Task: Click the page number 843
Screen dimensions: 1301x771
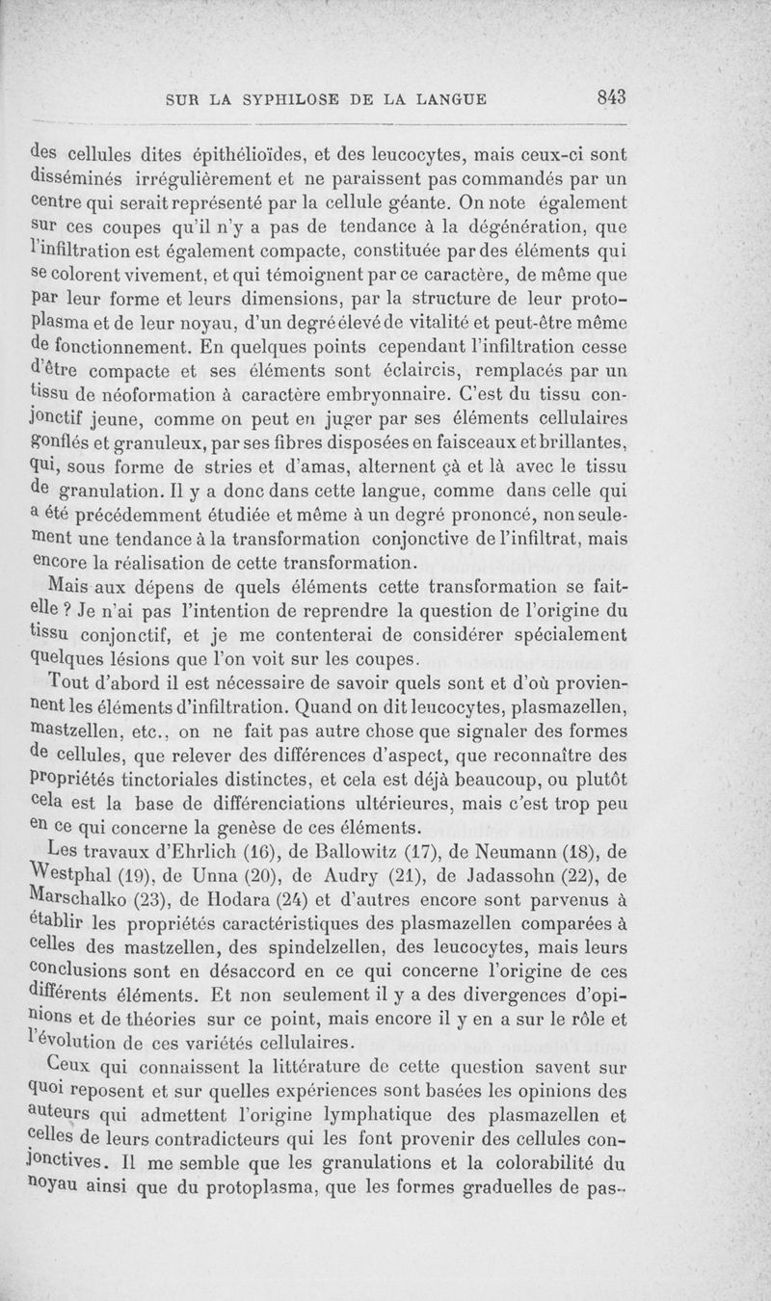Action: (x=612, y=96)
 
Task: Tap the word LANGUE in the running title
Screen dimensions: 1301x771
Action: (x=451, y=97)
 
